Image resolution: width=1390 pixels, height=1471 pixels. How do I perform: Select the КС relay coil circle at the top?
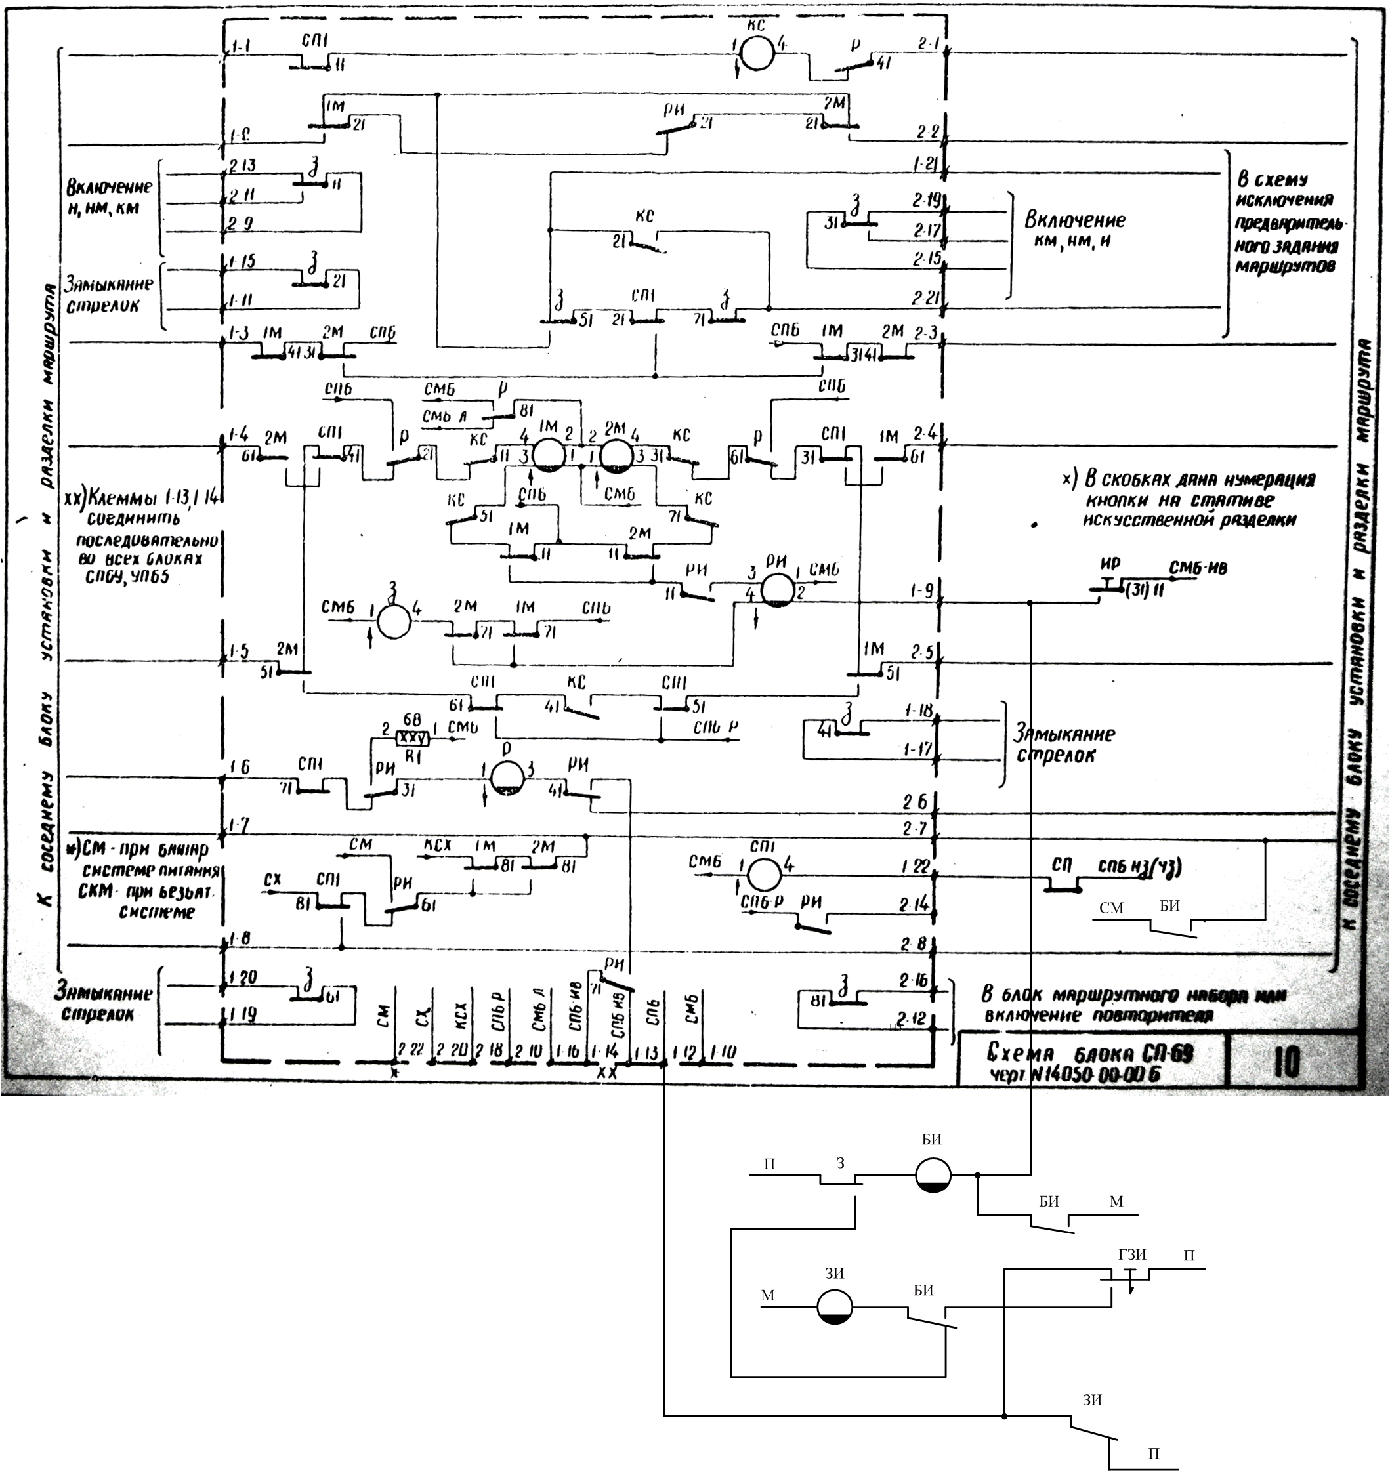tap(757, 53)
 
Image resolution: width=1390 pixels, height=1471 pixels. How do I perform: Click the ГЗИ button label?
tap(1131, 1254)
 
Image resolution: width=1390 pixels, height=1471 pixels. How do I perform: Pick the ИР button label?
tap(1110, 564)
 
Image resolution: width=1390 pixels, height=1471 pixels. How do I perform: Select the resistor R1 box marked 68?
tap(413, 737)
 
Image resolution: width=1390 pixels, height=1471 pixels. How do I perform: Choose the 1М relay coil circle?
tap(549, 454)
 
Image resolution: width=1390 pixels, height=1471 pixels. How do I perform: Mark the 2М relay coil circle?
tap(616, 454)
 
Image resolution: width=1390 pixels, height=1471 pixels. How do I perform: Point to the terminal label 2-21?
tap(925, 298)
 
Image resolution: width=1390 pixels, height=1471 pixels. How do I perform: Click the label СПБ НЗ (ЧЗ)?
tap(1139, 866)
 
